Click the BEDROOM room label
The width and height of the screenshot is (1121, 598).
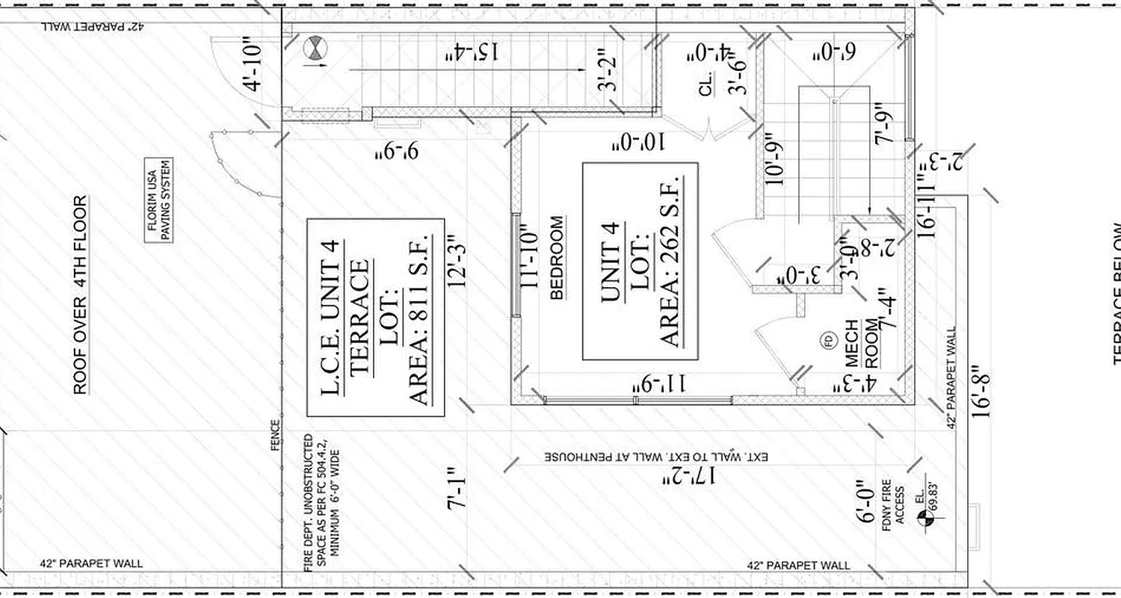(x=557, y=258)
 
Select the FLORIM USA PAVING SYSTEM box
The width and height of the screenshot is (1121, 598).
(x=158, y=200)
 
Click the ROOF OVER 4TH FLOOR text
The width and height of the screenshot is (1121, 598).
(x=80, y=295)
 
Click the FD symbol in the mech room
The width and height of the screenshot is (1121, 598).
(x=828, y=342)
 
